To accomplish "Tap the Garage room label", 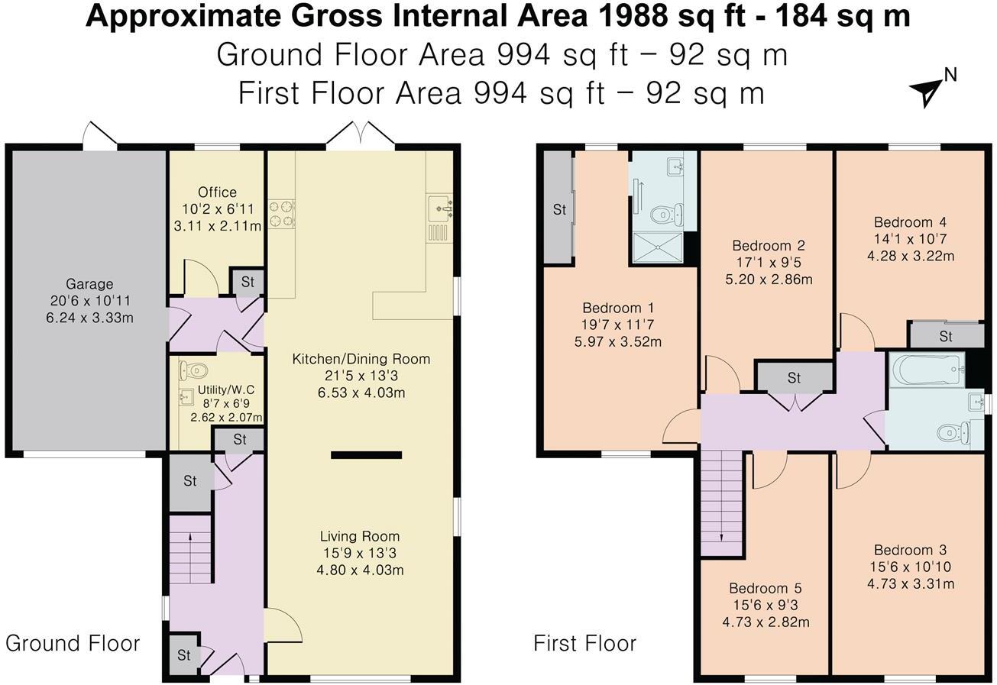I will tap(89, 284).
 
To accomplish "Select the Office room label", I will tap(217, 192).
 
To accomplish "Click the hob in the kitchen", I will tap(281, 213).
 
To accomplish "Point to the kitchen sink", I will tap(440, 206).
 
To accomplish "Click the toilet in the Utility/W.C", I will tap(194, 371).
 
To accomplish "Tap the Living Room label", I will tap(359, 536).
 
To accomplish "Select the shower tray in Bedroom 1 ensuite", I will tap(657, 247).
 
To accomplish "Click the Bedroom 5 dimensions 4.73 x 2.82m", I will tap(766, 622).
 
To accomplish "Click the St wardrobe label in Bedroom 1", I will tap(559, 209).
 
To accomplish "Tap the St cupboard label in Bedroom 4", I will tap(945, 336).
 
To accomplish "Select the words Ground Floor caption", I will tap(73, 643).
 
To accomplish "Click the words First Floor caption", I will tap(584, 643).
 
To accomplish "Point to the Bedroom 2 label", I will tap(768, 246).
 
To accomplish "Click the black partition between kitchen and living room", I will tap(366, 455).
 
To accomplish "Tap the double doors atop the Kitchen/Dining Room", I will tap(360, 134).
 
